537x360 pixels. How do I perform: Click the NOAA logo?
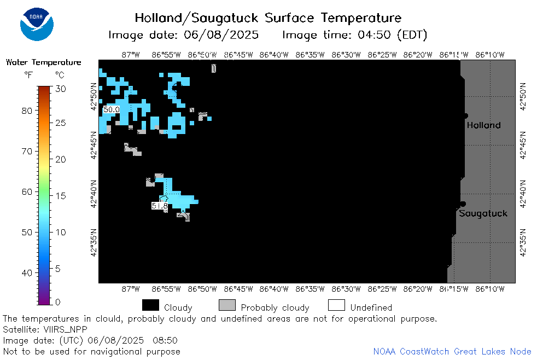tap(37, 24)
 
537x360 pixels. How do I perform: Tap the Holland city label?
tap(483, 125)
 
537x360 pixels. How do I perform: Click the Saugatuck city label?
tap(483, 213)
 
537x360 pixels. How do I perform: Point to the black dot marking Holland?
tap(465, 116)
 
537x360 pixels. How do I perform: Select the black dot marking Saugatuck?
tap(463, 204)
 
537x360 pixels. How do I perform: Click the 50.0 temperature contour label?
tap(112, 109)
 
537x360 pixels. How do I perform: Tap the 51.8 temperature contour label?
tap(160, 206)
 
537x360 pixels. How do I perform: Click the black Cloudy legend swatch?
tap(150, 305)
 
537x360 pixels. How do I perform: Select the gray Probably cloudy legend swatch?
tap(227, 305)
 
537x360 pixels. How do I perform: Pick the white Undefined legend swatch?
tap(336, 305)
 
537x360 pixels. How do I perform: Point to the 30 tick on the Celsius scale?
tap(61, 89)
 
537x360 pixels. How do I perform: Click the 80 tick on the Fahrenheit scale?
tap(27, 111)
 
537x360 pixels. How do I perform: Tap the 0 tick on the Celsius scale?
tap(57, 302)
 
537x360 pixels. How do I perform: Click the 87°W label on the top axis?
tap(131, 55)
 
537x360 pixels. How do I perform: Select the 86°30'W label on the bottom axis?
tap(346, 289)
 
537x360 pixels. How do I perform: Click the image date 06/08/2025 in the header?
tap(221, 35)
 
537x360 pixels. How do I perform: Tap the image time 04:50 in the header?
tap(374, 35)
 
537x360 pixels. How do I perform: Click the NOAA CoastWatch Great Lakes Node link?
tap(452, 351)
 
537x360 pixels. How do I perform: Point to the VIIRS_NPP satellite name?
tap(66, 330)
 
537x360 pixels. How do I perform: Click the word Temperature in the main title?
tap(361, 18)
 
